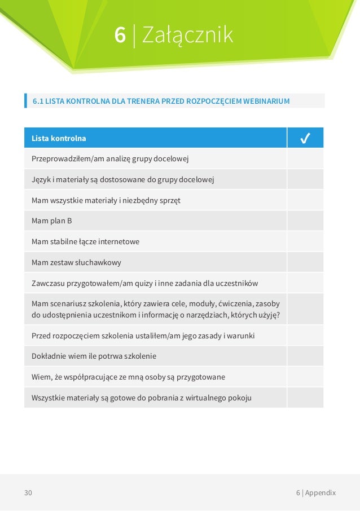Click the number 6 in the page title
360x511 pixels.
120,35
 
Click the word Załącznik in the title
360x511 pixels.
187,36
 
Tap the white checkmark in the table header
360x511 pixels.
305,138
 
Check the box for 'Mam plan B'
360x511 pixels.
305,221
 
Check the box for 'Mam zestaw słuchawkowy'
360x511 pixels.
305,262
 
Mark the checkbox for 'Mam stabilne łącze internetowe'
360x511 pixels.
305,241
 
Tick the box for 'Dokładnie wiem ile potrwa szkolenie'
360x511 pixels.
305,356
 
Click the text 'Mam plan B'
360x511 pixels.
52,221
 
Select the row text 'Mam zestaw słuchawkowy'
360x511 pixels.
76,262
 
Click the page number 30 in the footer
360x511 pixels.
28,492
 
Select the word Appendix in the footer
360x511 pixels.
321,492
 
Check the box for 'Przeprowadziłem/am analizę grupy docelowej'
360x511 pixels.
305,158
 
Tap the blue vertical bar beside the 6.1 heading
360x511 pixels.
26,101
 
